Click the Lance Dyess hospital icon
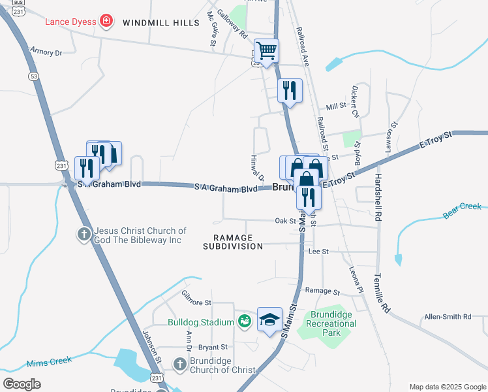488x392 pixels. point(104,22)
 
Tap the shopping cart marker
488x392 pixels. point(266,51)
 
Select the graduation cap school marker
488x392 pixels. point(269,319)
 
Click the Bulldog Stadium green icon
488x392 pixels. point(244,321)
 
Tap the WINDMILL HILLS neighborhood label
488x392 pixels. point(161,23)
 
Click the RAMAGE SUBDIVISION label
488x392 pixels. point(232,242)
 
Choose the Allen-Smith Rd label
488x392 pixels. point(448,317)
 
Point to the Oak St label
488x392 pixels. point(285,221)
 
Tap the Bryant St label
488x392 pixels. point(213,347)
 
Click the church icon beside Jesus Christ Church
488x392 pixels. point(84,234)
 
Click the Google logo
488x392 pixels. point(22,384)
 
